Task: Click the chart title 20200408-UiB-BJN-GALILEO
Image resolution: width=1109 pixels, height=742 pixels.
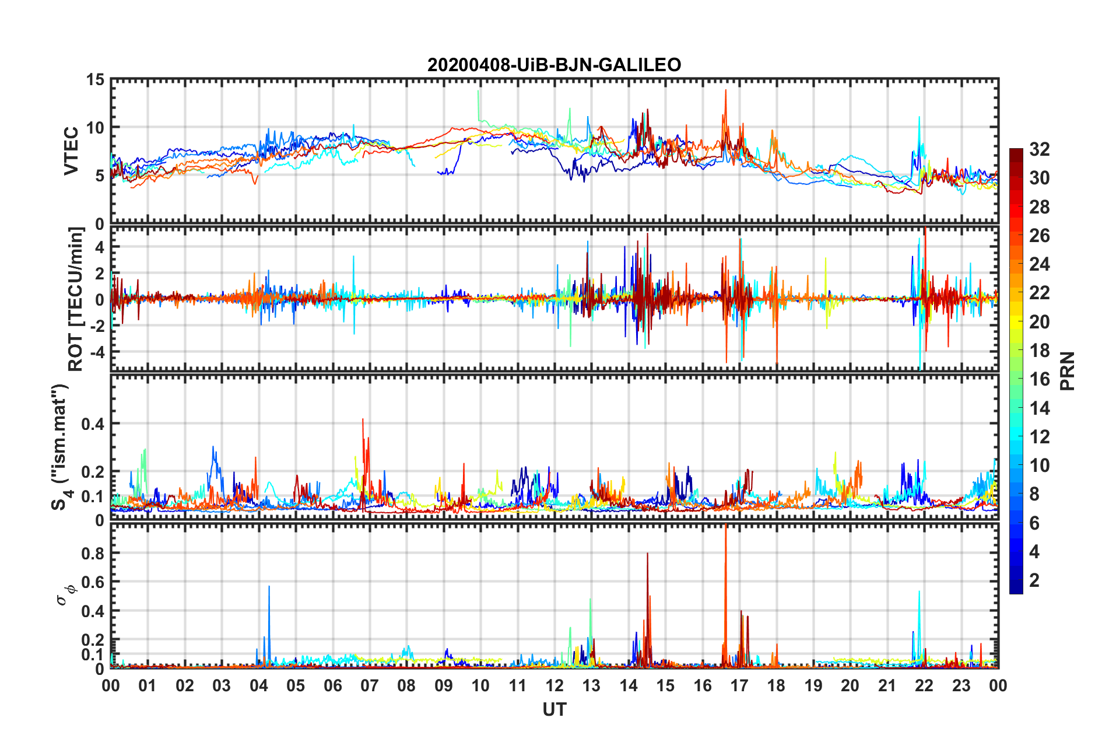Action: (x=554, y=65)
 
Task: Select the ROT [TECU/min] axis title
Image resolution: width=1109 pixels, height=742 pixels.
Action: (x=76, y=299)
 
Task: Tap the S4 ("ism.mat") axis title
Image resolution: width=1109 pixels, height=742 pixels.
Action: (x=60, y=447)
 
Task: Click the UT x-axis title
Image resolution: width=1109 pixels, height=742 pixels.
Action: (x=554, y=709)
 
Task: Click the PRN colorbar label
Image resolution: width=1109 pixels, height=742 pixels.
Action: (x=1067, y=371)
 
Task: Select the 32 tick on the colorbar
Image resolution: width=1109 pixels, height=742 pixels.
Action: (x=1039, y=149)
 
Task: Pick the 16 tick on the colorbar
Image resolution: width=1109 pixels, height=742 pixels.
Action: (x=1039, y=379)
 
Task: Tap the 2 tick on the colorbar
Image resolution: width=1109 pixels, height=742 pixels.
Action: (x=1034, y=580)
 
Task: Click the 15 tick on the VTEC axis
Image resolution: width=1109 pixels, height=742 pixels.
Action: (x=95, y=80)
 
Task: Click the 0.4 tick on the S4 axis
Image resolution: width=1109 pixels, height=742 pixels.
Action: (x=92, y=423)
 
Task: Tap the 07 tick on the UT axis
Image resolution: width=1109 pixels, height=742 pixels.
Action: (x=370, y=685)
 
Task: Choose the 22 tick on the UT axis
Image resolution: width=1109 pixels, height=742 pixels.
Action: (x=924, y=685)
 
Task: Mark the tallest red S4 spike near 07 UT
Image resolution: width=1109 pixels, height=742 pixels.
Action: (x=363, y=420)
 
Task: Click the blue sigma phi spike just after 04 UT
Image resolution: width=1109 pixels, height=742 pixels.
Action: (x=269, y=587)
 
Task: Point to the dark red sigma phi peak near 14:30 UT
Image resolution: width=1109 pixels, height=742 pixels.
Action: (x=647, y=554)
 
